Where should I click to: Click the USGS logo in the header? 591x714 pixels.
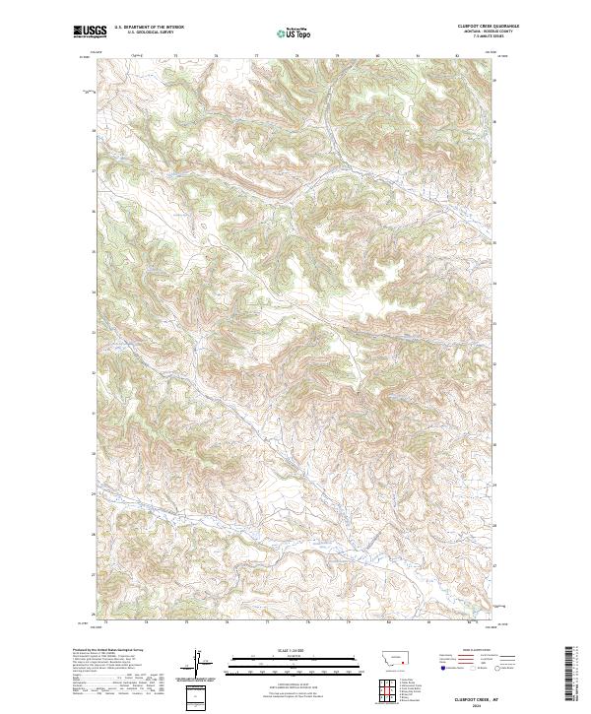click(x=91, y=32)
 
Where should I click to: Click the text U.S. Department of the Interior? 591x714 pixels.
click(x=149, y=29)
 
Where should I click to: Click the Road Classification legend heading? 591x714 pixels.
click(x=471, y=651)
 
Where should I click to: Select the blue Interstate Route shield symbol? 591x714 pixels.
click(x=435, y=668)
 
